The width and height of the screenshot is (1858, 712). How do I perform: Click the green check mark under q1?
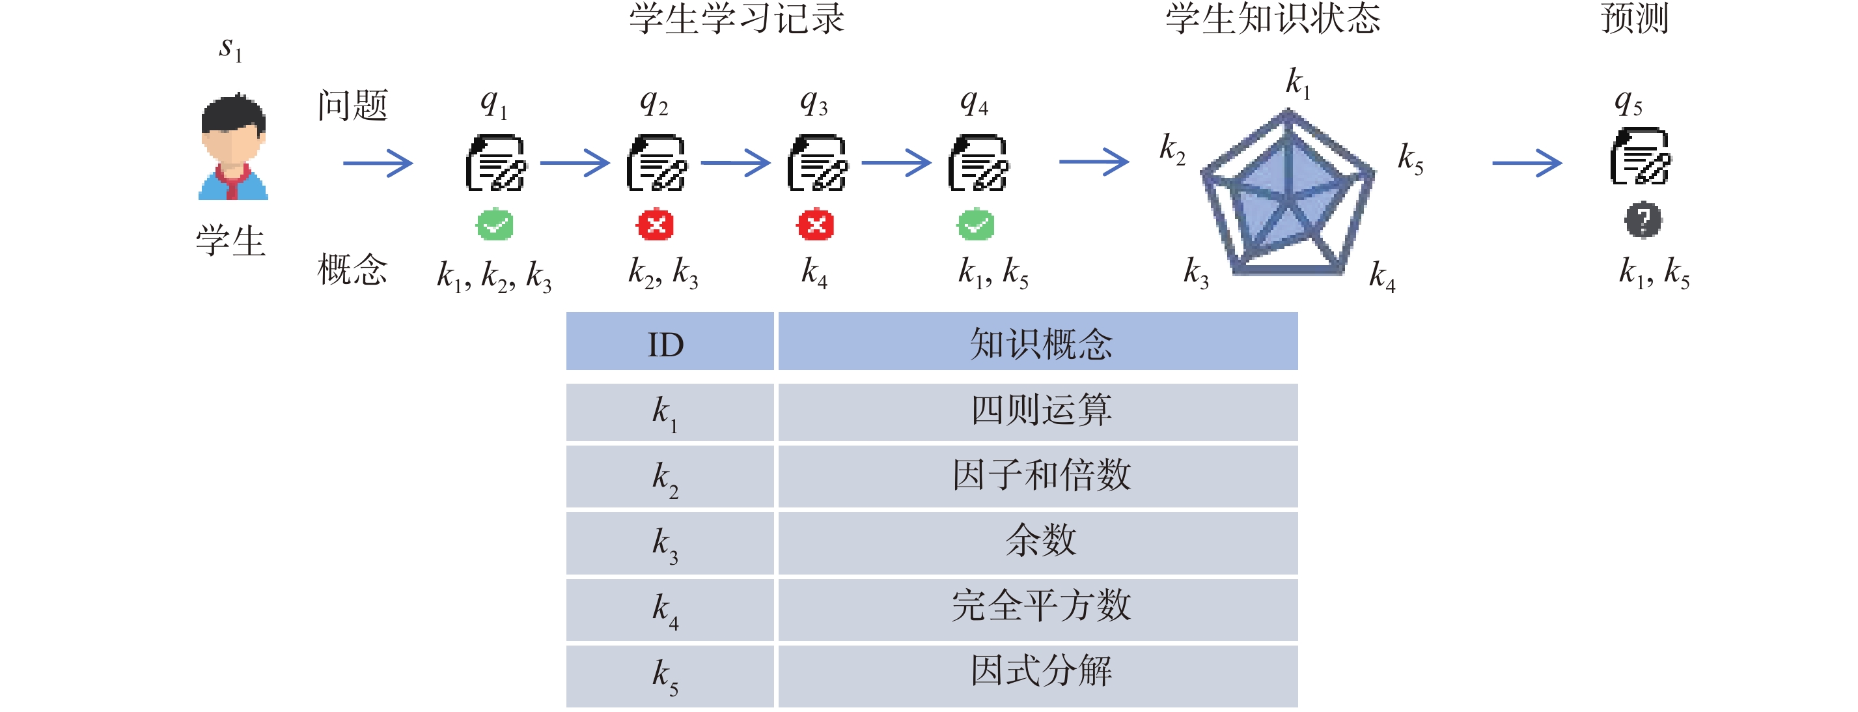[495, 225]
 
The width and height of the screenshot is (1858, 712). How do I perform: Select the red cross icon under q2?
[655, 225]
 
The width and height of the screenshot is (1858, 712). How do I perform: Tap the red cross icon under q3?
[816, 225]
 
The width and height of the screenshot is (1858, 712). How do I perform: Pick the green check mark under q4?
[976, 225]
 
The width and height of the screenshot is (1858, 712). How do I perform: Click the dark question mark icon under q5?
[1643, 220]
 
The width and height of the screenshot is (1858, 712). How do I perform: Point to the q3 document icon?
[817, 163]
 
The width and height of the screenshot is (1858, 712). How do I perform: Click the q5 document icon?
[1641, 156]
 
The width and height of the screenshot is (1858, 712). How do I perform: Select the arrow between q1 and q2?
[575, 163]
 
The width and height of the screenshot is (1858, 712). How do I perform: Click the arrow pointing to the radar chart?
[1094, 162]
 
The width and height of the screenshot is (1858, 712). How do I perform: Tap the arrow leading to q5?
[1527, 163]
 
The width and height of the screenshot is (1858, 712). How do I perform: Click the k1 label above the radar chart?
[1298, 83]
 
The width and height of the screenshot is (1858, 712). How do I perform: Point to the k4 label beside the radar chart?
[1382, 276]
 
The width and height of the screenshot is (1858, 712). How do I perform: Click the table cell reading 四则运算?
[1038, 412]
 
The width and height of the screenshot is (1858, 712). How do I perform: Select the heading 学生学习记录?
[736, 19]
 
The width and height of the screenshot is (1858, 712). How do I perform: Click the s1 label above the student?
[230, 49]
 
